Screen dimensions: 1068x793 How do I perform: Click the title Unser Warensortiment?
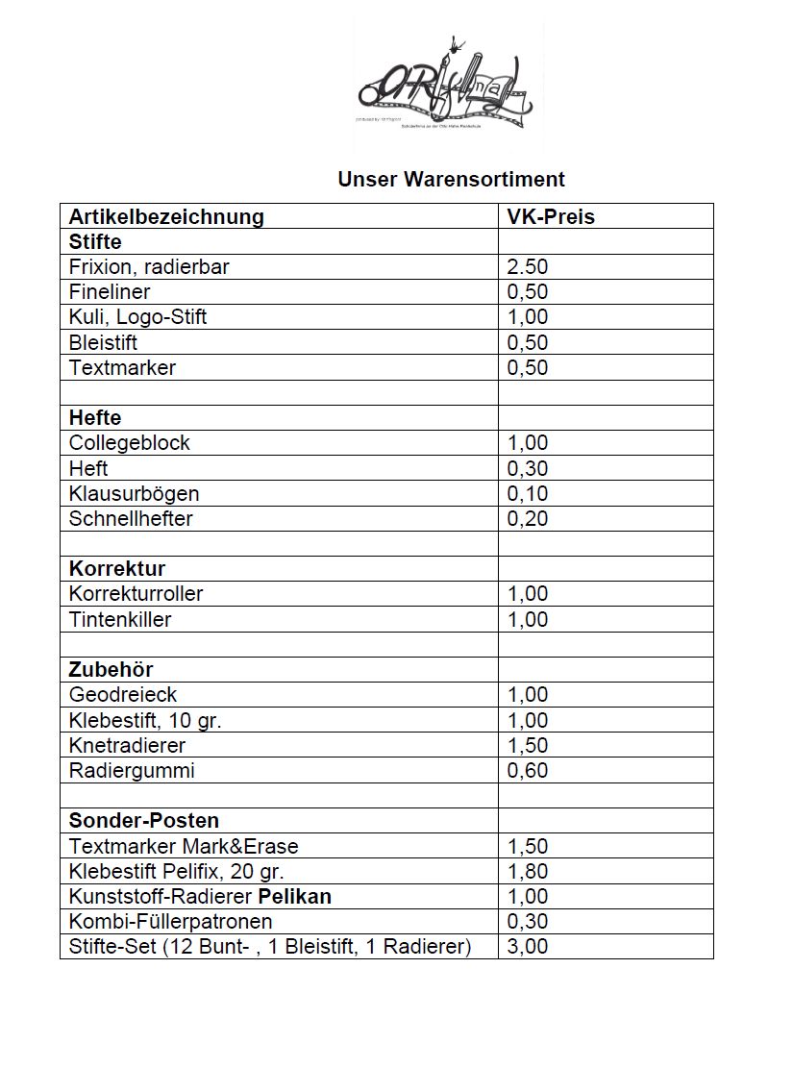[451, 180]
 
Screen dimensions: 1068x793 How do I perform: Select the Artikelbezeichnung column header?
[166, 216]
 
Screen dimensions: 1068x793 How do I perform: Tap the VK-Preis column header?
[551, 216]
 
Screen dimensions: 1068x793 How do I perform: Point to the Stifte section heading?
[95, 241]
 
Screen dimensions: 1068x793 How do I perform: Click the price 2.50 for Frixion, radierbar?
[528, 267]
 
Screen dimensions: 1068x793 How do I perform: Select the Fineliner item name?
[110, 291]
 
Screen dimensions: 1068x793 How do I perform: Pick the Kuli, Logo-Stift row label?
[137, 316]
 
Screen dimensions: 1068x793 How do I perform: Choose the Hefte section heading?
[95, 418]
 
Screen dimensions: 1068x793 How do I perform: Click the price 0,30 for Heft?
[528, 468]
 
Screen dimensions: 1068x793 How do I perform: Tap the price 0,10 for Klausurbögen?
[528, 494]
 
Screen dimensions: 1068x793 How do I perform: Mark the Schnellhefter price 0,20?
[528, 519]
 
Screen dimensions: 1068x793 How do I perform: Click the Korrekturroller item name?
[136, 594]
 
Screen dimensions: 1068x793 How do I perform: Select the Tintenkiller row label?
[120, 619]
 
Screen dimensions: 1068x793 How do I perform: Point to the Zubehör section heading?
[111, 669]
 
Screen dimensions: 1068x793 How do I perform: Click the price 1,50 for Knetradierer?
[528, 745]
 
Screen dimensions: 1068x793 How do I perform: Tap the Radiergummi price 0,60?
[528, 770]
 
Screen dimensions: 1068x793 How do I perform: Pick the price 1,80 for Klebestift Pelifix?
[528, 872]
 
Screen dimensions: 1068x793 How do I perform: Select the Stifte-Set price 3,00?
[528, 947]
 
